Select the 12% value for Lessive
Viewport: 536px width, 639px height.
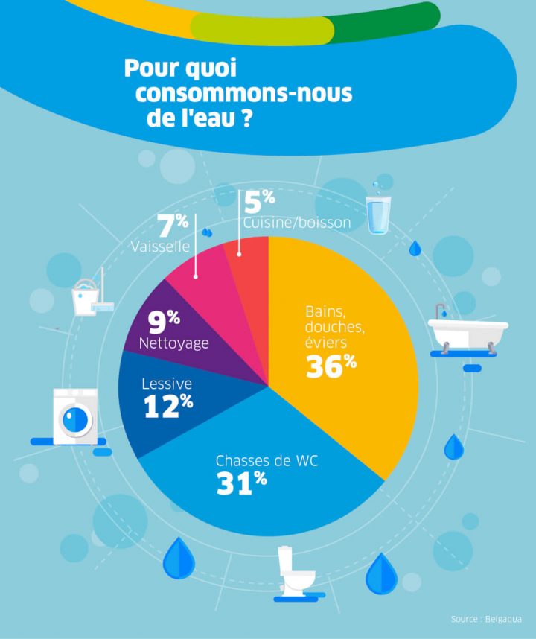[x=168, y=405]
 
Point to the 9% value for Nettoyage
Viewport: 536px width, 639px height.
[x=164, y=322]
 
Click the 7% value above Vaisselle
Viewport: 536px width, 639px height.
[x=173, y=225]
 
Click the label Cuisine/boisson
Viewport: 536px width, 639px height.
[x=296, y=222]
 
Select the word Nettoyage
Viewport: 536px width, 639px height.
[x=173, y=343]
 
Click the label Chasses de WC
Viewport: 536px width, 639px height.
[x=267, y=461]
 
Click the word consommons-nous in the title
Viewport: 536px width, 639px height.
[x=243, y=94]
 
